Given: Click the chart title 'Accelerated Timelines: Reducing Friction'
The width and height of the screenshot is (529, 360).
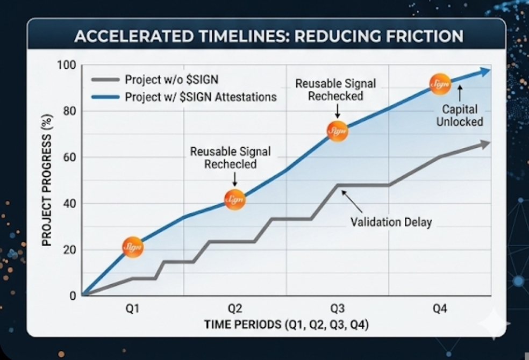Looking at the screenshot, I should click(268, 36).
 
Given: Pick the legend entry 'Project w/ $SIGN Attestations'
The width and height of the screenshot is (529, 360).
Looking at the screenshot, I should click(201, 97).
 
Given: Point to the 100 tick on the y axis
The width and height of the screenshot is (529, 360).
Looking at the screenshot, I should click(69, 66).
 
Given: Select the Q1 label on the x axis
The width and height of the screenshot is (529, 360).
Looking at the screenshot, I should click(133, 309).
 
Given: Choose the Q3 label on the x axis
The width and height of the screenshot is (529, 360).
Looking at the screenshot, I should click(338, 309).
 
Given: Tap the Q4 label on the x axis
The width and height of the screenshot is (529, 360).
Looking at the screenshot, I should click(440, 309).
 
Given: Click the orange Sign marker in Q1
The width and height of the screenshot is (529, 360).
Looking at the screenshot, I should click(133, 247).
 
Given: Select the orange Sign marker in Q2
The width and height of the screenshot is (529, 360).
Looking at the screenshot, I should click(235, 199).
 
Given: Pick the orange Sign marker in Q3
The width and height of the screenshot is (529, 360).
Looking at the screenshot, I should click(337, 131).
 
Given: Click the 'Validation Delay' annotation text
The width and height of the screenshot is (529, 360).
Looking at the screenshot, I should click(391, 221).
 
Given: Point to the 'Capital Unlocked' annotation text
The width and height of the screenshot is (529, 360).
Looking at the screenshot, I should click(459, 116).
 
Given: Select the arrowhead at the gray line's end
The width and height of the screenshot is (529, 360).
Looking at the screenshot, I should click(485, 143).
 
